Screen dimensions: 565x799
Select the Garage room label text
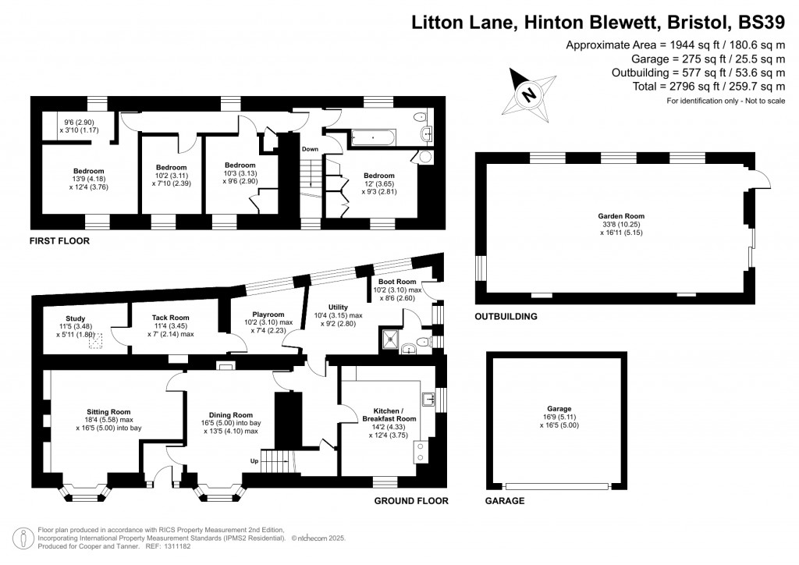(559, 409)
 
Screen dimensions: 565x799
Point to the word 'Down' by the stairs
(310, 148)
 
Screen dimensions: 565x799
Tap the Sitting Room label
(108, 411)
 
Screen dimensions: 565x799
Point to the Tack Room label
(170, 318)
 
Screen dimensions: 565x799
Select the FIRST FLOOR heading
(59, 241)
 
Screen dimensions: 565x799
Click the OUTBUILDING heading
(506, 317)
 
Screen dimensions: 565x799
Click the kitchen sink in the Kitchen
(428, 400)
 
